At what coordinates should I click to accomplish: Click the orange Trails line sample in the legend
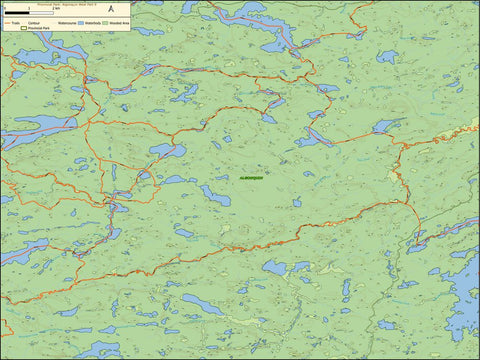point(6,21)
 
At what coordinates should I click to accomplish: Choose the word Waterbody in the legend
point(93,21)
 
